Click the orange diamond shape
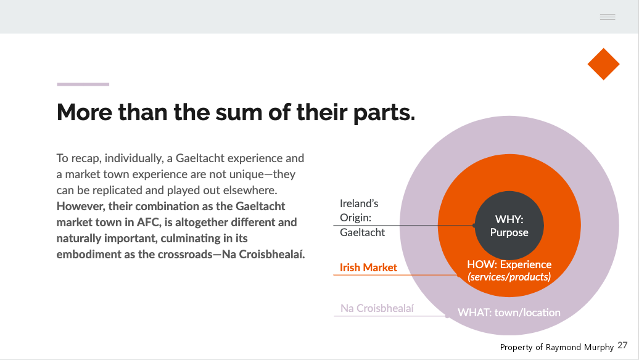pyautogui.click(x=604, y=64)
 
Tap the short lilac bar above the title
pyautogui.click(x=83, y=84)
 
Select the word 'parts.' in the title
pyautogui.click(x=384, y=113)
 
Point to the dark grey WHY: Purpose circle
pyautogui.click(x=509, y=225)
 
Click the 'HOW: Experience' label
pyautogui.click(x=509, y=264)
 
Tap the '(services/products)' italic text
pyautogui.click(x=509, y=277)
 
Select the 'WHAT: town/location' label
pyautogui.click(x=509, y=313)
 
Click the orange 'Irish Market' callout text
pyautogui.click(x=368, y=268)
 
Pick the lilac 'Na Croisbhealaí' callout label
pyautogui.click(x=377, y=308)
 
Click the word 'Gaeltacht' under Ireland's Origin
pyautogui.click(x=362, y=232)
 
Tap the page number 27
pyautogui.click(x=622, y=345)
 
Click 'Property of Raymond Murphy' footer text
pyautogui.click(x=557, y=347)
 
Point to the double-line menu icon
pyautogui.click(x=608, y=17)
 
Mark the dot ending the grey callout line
pyautogui.click(x=474, y=225)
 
